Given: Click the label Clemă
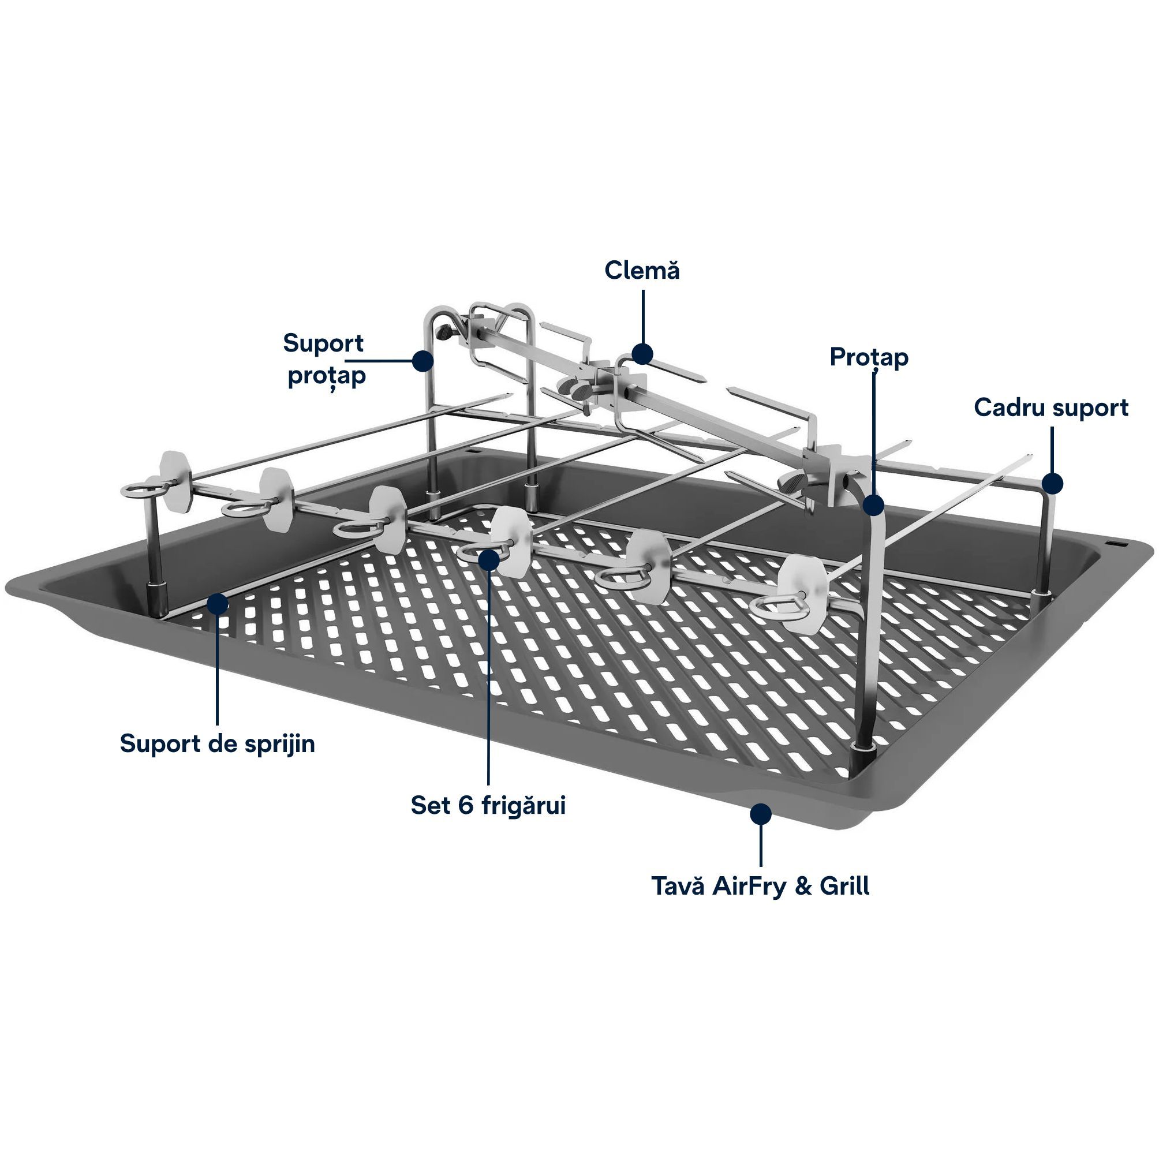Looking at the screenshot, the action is click(x=642, y=271).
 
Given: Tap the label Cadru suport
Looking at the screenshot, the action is click(x=1051, y=408).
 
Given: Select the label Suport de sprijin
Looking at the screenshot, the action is click(x=217, y=744).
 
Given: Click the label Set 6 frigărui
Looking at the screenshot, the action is click(x=488, y=805).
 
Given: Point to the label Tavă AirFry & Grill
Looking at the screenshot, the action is click(x=761, y=886).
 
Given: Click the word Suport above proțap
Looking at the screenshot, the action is click(x=323, y=344).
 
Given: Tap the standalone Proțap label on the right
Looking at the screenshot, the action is click(x=869, y=358).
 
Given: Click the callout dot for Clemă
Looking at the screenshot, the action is click(x=642, y=353).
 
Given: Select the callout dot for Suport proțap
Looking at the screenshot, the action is click(x=424, y=361).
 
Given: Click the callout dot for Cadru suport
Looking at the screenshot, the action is click(x=1052, y=483).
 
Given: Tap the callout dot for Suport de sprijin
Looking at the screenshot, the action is click(x=217, y=603).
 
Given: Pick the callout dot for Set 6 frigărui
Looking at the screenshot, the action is click(x=489, y=559).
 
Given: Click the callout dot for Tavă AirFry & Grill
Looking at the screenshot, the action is click(x=761, y=813).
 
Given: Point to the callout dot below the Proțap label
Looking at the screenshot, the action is click(x=874, y=504).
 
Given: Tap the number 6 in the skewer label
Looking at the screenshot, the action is click(x=466, y=805).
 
